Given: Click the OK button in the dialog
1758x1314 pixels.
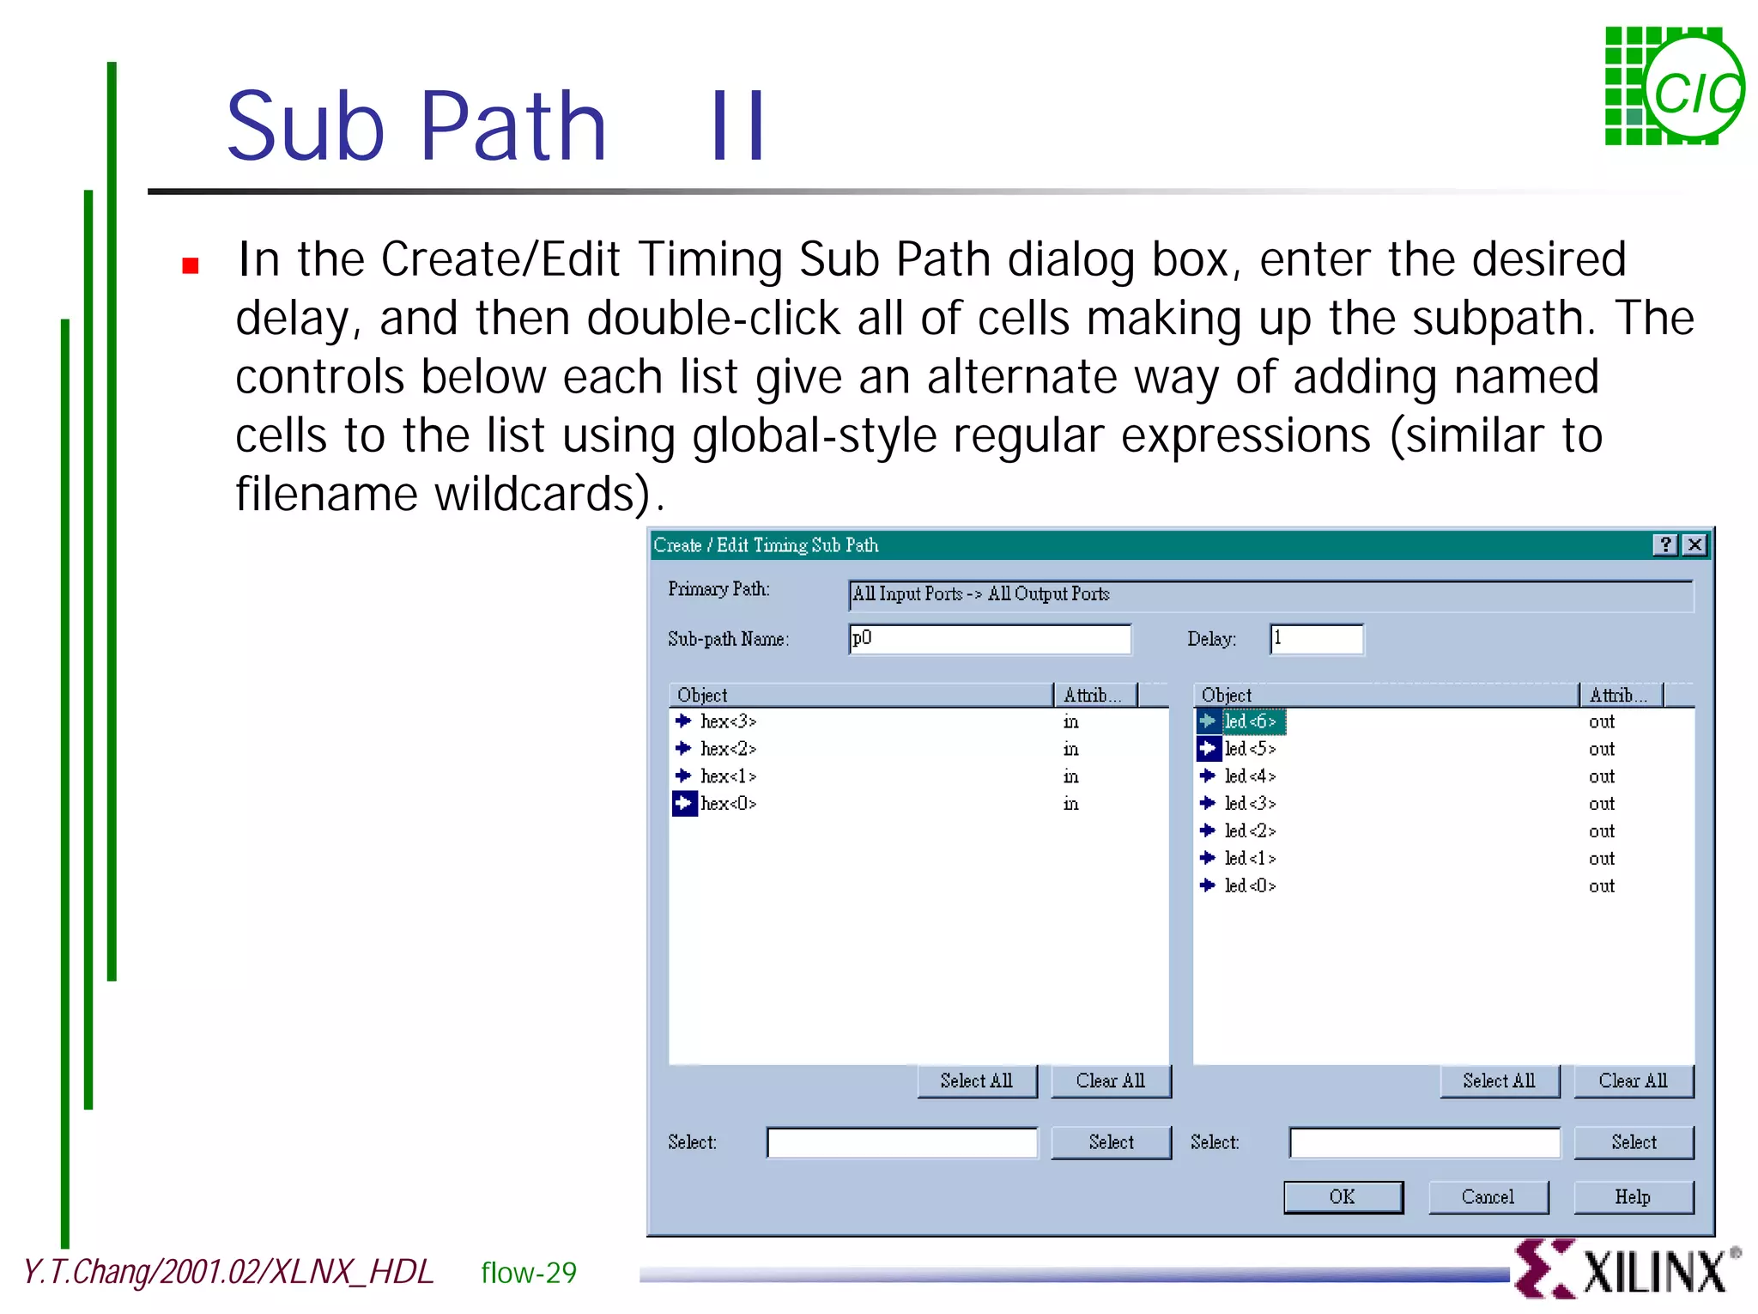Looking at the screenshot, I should click(1343, 1196).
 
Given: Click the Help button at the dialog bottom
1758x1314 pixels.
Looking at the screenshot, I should click(1633, 1196).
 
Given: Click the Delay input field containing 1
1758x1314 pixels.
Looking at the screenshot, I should click(1316, 639).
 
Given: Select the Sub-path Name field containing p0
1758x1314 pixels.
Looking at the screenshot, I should click(989, 639).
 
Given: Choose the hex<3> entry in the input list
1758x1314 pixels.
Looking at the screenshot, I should click(728, 721).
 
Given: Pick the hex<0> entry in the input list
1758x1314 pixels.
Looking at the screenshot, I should click(728, 804).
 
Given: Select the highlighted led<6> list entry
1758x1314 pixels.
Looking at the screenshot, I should click(1250, 721).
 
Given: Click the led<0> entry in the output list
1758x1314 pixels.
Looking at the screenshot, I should click(1250, 885).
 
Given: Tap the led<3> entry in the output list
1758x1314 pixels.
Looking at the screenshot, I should click(1250, 804).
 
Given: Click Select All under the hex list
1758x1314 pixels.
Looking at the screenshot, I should click(976, 1080).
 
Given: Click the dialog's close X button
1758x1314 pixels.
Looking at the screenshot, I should click(1694, 544).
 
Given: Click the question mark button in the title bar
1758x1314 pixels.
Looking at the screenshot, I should click(1665, 544).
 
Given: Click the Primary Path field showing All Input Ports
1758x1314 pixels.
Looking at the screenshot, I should click(1270, 594).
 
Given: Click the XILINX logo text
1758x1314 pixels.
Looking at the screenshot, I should click(1653, 1272).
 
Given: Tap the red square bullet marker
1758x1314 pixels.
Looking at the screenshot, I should click(191, 265).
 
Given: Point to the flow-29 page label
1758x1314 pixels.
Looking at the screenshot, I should click(529, 1273).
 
